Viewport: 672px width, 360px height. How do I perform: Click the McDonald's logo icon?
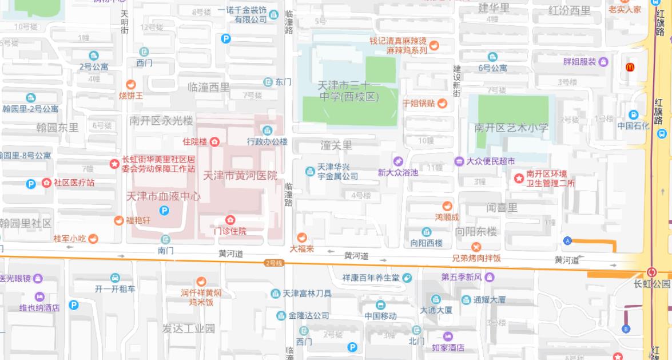(x=630, y=67)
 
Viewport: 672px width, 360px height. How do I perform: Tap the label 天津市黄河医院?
(x=240, y=175)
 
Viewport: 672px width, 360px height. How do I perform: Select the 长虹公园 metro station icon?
(x=651, y=272)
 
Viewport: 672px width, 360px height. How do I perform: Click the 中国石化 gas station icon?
(x=633, y=114)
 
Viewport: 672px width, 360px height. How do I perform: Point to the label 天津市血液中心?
(x=164, y=196)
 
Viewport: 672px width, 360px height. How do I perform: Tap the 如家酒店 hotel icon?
(x=448, y=336)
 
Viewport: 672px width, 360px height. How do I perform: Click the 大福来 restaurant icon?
(x=302, y=238)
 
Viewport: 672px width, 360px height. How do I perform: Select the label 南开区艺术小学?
(x=511, y=128)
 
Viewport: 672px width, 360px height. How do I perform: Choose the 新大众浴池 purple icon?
(x=398, y=161)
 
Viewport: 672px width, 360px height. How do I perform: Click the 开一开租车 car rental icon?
(x=116, y=278)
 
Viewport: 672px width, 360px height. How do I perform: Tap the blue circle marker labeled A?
(x=567, y=241)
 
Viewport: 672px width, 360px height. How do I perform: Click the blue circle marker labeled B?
(x=626, y=329)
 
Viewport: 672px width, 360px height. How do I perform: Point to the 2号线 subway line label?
(x=274, y=263)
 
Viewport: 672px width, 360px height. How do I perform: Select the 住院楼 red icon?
(x=214, y=141)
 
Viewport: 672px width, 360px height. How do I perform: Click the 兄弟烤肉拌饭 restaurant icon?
(x=476, y=247)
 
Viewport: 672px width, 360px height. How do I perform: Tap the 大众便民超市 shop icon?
(x=459, y=161)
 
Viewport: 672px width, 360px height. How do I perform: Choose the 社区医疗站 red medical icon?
(x=46, y=183)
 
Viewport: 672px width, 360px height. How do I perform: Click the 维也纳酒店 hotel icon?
(x=39, y=296)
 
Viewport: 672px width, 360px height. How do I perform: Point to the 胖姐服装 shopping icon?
(x=603, y=62)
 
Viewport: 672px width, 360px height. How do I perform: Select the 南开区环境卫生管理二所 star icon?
(x=519, y=179)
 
